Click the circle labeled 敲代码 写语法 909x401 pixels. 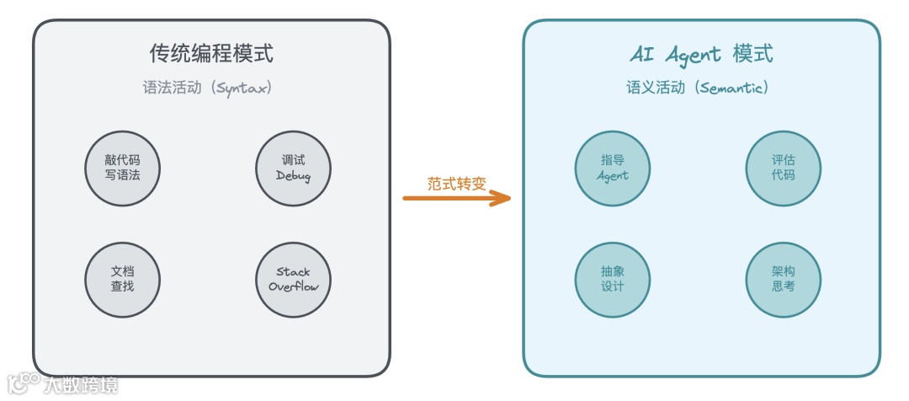click(x=123, y=168)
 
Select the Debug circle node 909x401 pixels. click(x=293, y=168)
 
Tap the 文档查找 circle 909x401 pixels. click(x=123, y=279)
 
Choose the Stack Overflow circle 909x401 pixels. click(x=293, y=279)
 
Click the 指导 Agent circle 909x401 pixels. click(x=612, y=168)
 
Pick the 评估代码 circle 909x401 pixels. click(x=783, y=168)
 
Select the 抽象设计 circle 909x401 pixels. click(x=612, y=279)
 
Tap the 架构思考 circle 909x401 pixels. click(x=783, y=279)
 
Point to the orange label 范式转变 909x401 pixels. click(x=456, y=183)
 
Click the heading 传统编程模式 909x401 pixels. click(x=211, y=54)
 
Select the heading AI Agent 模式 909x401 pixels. click(x=701, y=55)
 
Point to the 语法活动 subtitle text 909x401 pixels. click(x=172, y=88)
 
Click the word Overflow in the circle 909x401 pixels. click(x=293, y=286)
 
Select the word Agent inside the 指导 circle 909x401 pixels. click(x=612, y=176)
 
